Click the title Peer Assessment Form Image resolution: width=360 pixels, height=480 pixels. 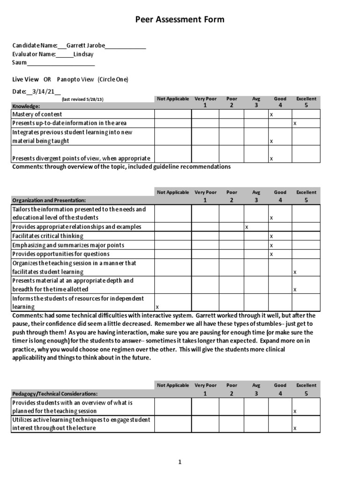(180, 20)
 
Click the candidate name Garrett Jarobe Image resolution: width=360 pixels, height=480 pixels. (85, 46)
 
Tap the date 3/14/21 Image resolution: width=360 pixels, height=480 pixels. (46, 91)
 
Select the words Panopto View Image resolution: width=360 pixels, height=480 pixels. (75, 80)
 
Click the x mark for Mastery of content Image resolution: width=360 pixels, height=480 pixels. (271, 114)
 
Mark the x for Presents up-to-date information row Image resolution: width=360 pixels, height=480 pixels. (295, 123)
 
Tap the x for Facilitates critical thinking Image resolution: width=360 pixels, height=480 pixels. (271, 236)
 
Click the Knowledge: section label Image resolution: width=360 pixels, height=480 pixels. (26, 106)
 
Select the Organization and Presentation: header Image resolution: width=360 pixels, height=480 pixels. (49, 200)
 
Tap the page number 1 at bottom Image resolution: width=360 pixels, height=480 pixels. (180, 462)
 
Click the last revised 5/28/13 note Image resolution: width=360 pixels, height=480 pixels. (82, 100)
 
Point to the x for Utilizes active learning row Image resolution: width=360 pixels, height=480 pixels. (295, 428)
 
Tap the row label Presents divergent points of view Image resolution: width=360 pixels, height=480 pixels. (81, 158)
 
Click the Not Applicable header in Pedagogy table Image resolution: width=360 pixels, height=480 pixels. (173, 385)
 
